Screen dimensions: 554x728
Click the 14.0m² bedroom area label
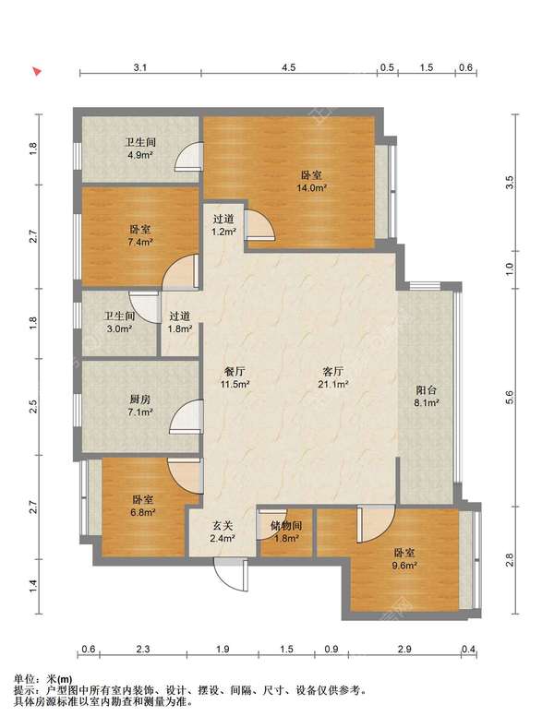(x=311, y=182)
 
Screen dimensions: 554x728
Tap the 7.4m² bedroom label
(x=140, y=235)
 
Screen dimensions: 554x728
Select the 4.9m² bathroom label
(x=140, y=149)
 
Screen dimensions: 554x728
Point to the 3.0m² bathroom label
(x=119, y=322)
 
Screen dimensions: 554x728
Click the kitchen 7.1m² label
(x=140, y=405)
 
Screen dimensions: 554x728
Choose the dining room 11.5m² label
(x=235, y=377)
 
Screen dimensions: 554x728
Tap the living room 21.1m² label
(x=333, y=377)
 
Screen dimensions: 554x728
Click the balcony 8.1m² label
(x=427, y=396)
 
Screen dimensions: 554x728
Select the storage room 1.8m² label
(x=286, y=531)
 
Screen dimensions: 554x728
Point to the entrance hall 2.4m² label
(x=223, y=531)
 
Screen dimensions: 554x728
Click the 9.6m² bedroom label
(x=404, y=559)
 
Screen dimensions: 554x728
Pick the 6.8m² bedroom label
(x=143, y=506)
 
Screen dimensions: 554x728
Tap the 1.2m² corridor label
(x=223, y=225)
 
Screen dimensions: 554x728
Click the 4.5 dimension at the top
(x=288, y=67)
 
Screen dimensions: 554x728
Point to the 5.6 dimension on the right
(x=510, y=398)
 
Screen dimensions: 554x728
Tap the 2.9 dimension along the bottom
(x=404, y=649)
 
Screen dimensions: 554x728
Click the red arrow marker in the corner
(x=37, y=71)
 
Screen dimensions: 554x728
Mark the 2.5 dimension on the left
(x=32, y=407)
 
